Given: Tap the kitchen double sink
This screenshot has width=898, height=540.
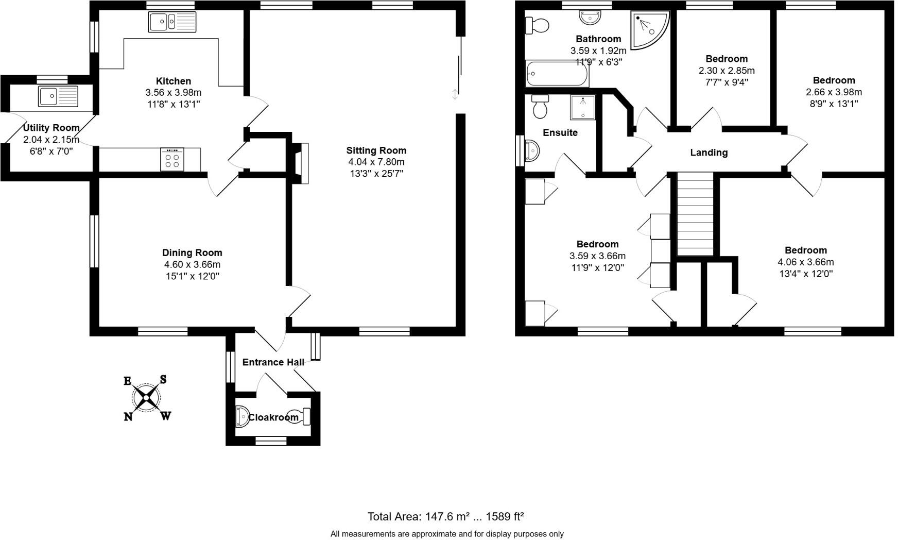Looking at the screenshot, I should (x=172, y=22).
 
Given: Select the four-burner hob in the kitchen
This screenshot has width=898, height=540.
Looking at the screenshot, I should (x=172, y=159).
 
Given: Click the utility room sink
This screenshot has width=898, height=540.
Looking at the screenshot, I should (x=58, y=96).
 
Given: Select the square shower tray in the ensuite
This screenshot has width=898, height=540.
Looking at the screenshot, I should (x=582, y=107).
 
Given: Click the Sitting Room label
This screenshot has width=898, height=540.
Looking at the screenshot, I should (x=376, y=150).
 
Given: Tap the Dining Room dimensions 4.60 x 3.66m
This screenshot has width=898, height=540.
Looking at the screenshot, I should (x=192, y=264).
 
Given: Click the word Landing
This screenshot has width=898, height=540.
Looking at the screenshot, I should (x=709, y=153).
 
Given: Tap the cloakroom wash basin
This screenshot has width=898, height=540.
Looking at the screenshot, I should (x=241, y=417).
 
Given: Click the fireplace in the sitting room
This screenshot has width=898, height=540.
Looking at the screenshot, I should (x=301, y=163).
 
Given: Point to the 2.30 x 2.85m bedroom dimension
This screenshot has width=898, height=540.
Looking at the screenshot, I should (x=727, y=71).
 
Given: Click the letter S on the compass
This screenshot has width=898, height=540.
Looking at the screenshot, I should (x=163, y=380).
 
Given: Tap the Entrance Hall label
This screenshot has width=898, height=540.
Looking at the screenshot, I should (x=273, y=362).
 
